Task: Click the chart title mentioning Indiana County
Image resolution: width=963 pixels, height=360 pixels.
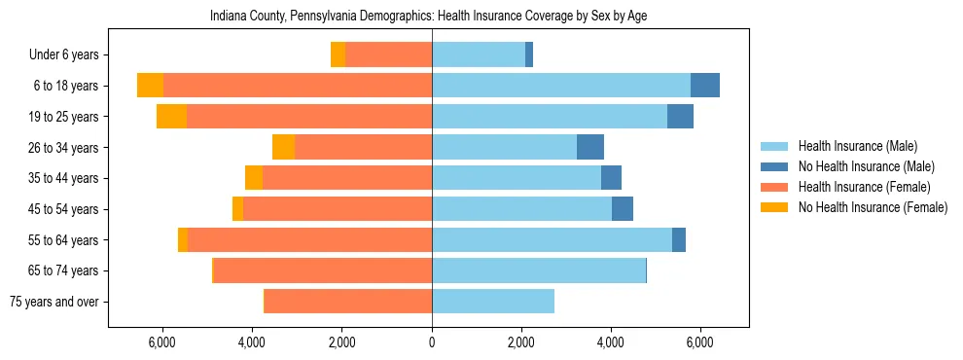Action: tap(428, 17)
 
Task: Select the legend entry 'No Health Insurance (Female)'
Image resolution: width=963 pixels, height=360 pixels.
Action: tap(873, 207)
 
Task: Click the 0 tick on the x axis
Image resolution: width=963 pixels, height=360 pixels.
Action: tap(432, 342)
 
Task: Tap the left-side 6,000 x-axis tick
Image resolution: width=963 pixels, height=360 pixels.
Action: tap(161, 342)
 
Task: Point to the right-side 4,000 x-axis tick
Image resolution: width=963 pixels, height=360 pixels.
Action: tap(611, 342)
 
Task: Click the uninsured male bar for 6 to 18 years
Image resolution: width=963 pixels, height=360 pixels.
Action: tap(705, 86)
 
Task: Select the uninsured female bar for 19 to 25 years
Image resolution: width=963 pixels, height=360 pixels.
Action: tap(171, 117)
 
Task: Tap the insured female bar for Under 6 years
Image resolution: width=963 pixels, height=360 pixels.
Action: tap(388, 55)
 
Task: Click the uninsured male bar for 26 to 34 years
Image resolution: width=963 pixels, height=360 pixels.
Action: tap(590, 148)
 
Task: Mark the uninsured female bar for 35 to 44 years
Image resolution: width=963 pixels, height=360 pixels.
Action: tap(254, 178)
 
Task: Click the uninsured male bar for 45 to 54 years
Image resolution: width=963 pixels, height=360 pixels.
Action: tap(623, 209)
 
